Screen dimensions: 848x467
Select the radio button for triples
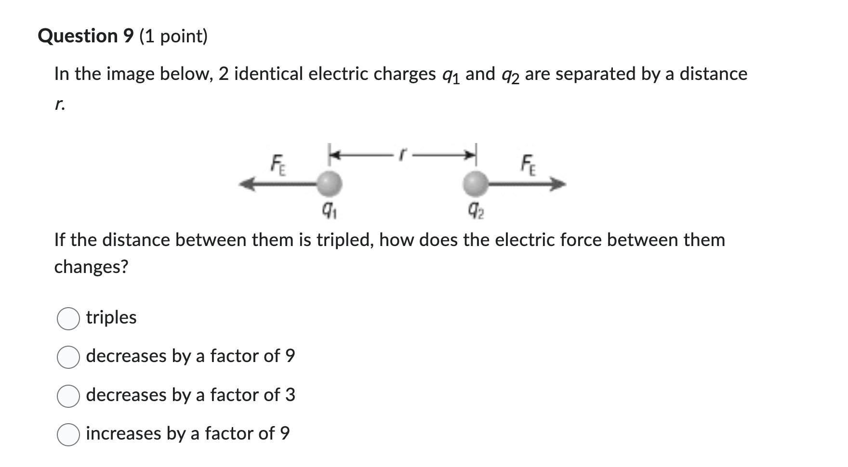[x=68, y=319]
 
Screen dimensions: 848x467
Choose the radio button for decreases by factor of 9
[x=68, y=357]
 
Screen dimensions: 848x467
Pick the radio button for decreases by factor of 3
[x=68, y=396]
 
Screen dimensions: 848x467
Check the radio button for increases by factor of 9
[x=68, y=435]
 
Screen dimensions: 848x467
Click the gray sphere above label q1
[x=330, y=183]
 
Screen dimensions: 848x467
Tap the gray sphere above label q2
[x=476, y=183]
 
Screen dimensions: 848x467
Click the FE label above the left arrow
[x=278, y=165]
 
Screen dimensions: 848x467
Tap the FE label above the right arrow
[x=529, y=165]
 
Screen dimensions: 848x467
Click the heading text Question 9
[x=85, y=36]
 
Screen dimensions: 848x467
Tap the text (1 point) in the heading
[x=173, y=36]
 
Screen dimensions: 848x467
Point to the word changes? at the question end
[x=91, y=266]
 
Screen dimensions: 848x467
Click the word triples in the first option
[x=111, y=318]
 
